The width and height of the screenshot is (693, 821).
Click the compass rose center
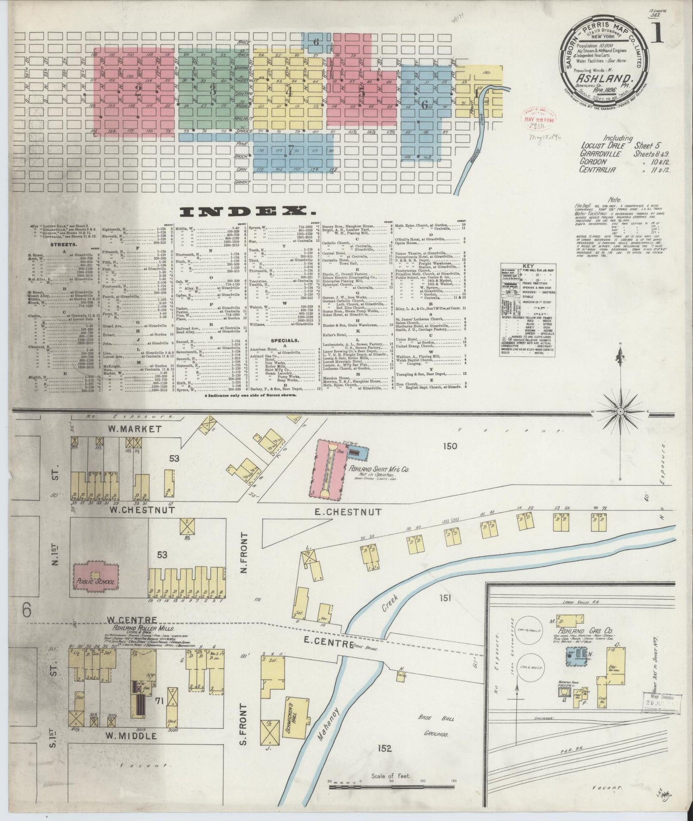tap(621, 412)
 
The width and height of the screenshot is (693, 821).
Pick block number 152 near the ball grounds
tap(384, 761)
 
